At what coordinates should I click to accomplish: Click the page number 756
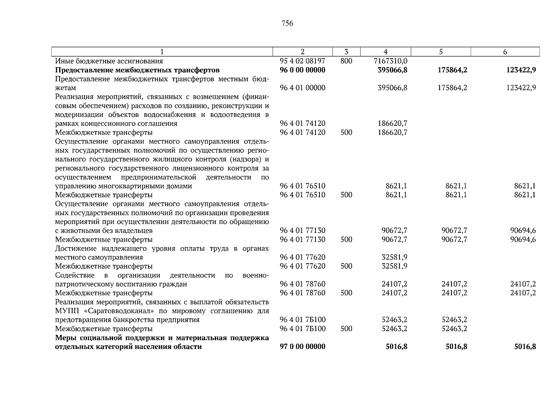click(287, 24)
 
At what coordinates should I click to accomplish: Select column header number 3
click(346, 52)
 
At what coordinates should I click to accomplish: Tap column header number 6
click(505, 52)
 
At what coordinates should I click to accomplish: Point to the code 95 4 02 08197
click(302, 61)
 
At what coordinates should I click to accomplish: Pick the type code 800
click(346, 61)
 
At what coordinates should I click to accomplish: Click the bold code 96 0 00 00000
click(302, 70)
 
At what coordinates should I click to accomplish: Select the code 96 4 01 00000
click(302, 88)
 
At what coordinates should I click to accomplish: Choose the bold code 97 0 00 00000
click(302, 346)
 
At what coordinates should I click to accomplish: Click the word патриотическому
click(82, 284)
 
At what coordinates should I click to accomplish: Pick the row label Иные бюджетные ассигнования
click(109, 61)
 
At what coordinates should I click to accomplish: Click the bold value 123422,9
click(521, 70)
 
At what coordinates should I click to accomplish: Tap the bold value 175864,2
click(452, 70)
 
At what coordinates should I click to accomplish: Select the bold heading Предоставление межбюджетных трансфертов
click(137, 70)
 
